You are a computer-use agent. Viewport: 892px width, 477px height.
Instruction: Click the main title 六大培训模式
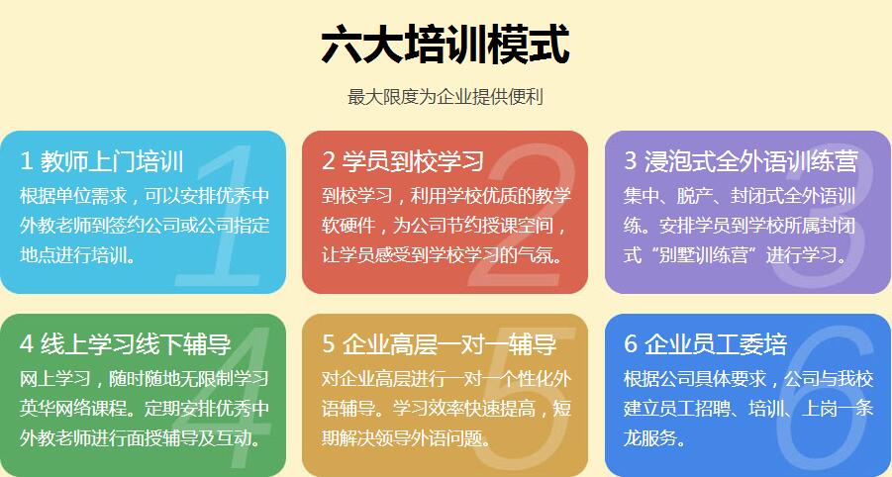(445, 45)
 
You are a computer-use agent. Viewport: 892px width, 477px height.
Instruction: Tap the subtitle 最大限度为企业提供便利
(446, 97)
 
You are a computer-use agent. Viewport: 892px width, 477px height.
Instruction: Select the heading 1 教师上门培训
(102, 161)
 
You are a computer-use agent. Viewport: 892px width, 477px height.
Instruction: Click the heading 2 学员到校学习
(403, 161)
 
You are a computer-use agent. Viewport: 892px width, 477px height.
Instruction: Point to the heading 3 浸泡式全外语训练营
(741, 161)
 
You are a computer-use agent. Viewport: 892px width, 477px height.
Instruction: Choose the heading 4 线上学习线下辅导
(126, 344)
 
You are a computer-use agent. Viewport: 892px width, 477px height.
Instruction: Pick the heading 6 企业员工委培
(706, 344)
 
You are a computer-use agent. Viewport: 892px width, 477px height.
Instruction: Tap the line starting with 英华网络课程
(145, 409)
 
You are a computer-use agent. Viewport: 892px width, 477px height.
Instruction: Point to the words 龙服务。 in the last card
(653, 438)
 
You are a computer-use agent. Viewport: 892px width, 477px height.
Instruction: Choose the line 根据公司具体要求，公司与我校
(748, 379)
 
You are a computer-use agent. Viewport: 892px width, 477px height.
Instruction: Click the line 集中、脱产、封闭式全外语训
(740, 196)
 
